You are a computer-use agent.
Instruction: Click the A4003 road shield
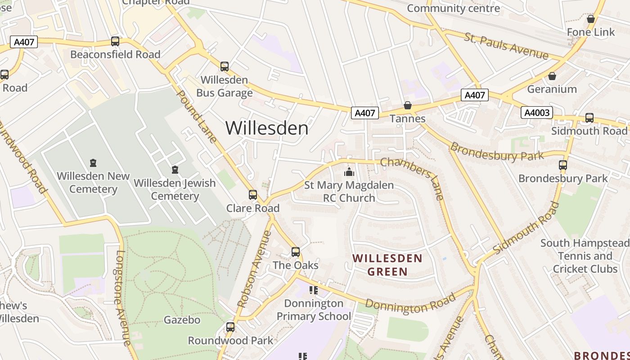(x=537, y=112)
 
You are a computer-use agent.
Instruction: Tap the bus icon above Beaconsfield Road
(x=115, y=41)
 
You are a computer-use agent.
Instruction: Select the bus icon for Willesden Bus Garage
(x=225, y=67)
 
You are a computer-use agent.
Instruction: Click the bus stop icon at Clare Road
(x=253, y=195)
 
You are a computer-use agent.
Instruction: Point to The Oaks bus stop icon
(x=296, y=252)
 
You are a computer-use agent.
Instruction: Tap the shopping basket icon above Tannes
(x=408, y=105)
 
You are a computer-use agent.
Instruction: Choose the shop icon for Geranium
(x=552, y=76)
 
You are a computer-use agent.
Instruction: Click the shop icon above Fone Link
(x=591, y=19)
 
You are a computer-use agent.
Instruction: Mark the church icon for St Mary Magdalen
(x=349, y=172)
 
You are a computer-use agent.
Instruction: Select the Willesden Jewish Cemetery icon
(x=175, y=170)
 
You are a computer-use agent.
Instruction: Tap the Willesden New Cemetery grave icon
(x=93, y=162)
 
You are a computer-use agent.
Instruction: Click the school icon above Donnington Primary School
(x=314, y=290)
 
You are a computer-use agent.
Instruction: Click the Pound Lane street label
(x=198, y=117)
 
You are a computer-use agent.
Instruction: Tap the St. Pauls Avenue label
(x=507, y=46)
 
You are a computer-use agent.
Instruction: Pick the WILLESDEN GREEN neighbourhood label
(x=387, y=265)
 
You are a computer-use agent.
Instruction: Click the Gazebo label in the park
(x=182, y=320)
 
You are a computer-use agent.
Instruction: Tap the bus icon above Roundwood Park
(x=230, y=327)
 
